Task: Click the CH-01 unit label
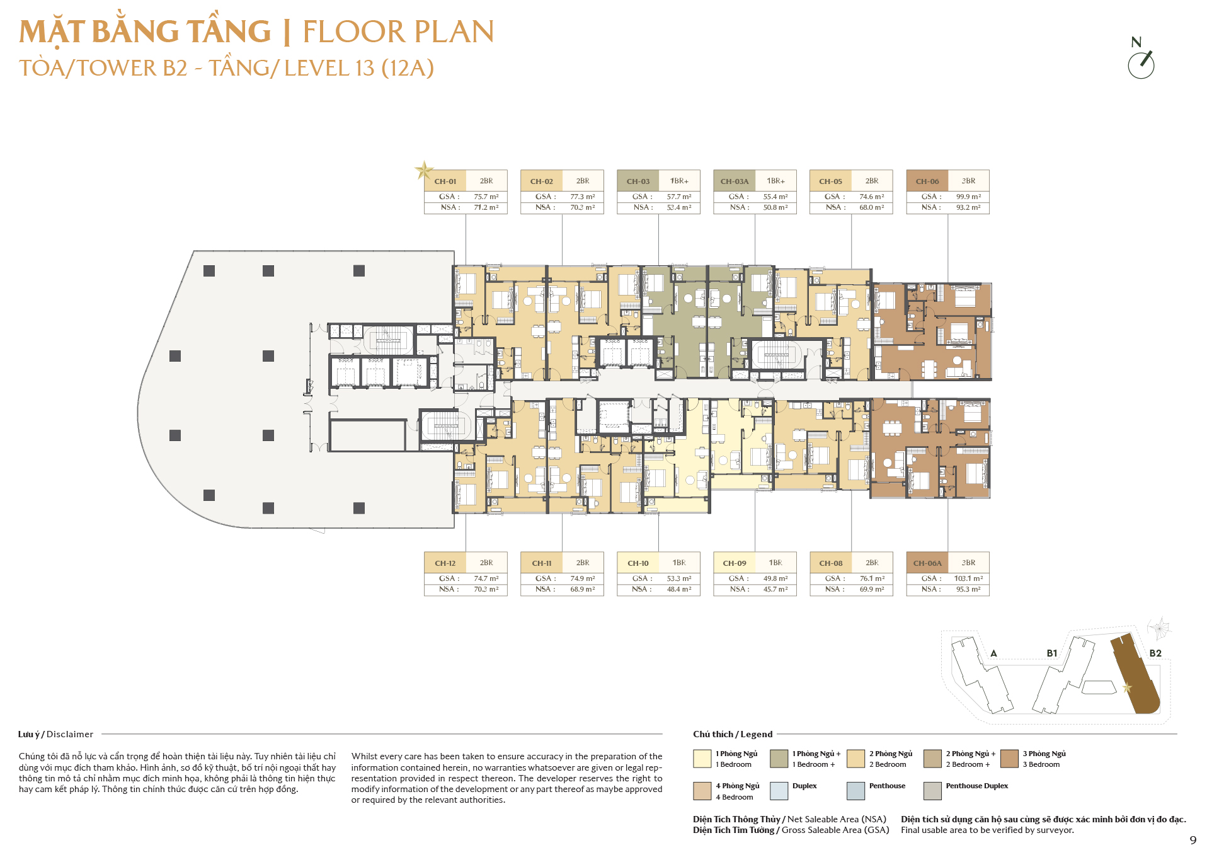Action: coord(445,181)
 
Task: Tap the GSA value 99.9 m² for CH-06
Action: coord(968,197)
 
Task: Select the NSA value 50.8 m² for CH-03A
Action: coord(775,207)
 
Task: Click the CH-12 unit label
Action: coord(445,563)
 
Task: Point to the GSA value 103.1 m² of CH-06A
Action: coord(968,578)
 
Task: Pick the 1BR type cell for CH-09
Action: coord(775,563)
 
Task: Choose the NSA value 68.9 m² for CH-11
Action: coord(583,589)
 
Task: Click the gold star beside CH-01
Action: coord(424,170)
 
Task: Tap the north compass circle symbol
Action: coord(1141,65)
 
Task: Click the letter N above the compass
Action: coord(1136,42)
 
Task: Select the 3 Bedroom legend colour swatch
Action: coord(1009,759)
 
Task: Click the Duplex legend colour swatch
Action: coord(779,791)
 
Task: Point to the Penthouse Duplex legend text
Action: coord(976,786)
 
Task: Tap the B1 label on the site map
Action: coord(1052,653)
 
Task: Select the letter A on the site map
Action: coord(993,653)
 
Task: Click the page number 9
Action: coord(1193,840)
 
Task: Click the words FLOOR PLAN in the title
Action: coord(398,32)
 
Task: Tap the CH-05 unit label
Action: coord(830,181)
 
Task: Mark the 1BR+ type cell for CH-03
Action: coord(679,181)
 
